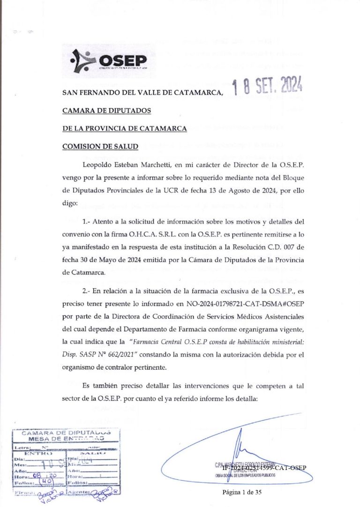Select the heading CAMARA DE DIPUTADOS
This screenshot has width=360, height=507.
107,111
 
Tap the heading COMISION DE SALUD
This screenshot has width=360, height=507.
100,146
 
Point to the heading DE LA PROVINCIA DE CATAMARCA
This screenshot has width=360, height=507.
125,128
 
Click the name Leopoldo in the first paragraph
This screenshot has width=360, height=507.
98,164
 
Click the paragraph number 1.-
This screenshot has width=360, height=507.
86,221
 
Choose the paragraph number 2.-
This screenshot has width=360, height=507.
86,291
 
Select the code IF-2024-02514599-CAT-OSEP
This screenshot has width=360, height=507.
264,468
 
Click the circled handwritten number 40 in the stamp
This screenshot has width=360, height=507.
46,481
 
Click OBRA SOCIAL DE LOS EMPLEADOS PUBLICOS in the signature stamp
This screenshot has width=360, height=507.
245,475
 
